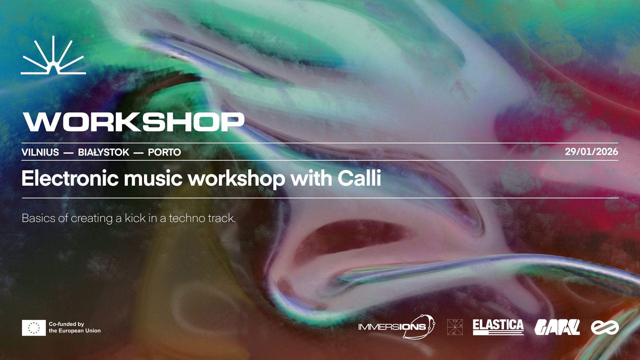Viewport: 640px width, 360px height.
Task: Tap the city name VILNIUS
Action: point(40,152)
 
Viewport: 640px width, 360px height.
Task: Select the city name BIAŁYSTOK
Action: point(103,152)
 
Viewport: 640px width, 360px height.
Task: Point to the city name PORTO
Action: point(164,152)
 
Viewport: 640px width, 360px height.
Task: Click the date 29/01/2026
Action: point(591,152)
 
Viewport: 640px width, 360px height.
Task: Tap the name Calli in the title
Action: point(359,178)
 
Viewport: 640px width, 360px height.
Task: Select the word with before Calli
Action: point(311,178)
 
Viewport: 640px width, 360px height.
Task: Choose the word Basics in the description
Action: point(38,218)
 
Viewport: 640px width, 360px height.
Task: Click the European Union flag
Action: point(34,328)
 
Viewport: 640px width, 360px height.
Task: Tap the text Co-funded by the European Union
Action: point(75,327)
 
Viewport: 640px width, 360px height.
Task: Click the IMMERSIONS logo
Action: point(397,327)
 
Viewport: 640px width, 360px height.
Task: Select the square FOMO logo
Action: point(455,327)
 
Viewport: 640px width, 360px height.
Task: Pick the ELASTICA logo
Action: point(498,327)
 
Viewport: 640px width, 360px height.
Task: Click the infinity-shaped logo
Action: point(605,327)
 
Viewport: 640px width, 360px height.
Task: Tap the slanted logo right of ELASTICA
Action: point(557,327)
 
